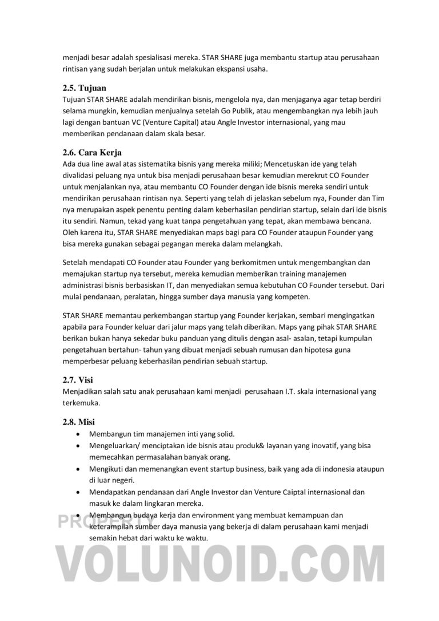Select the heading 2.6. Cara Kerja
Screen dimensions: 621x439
point(92,153)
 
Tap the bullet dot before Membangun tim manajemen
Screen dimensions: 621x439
point(78,434)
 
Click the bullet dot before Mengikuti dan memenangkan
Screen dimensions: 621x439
point(78,469)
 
